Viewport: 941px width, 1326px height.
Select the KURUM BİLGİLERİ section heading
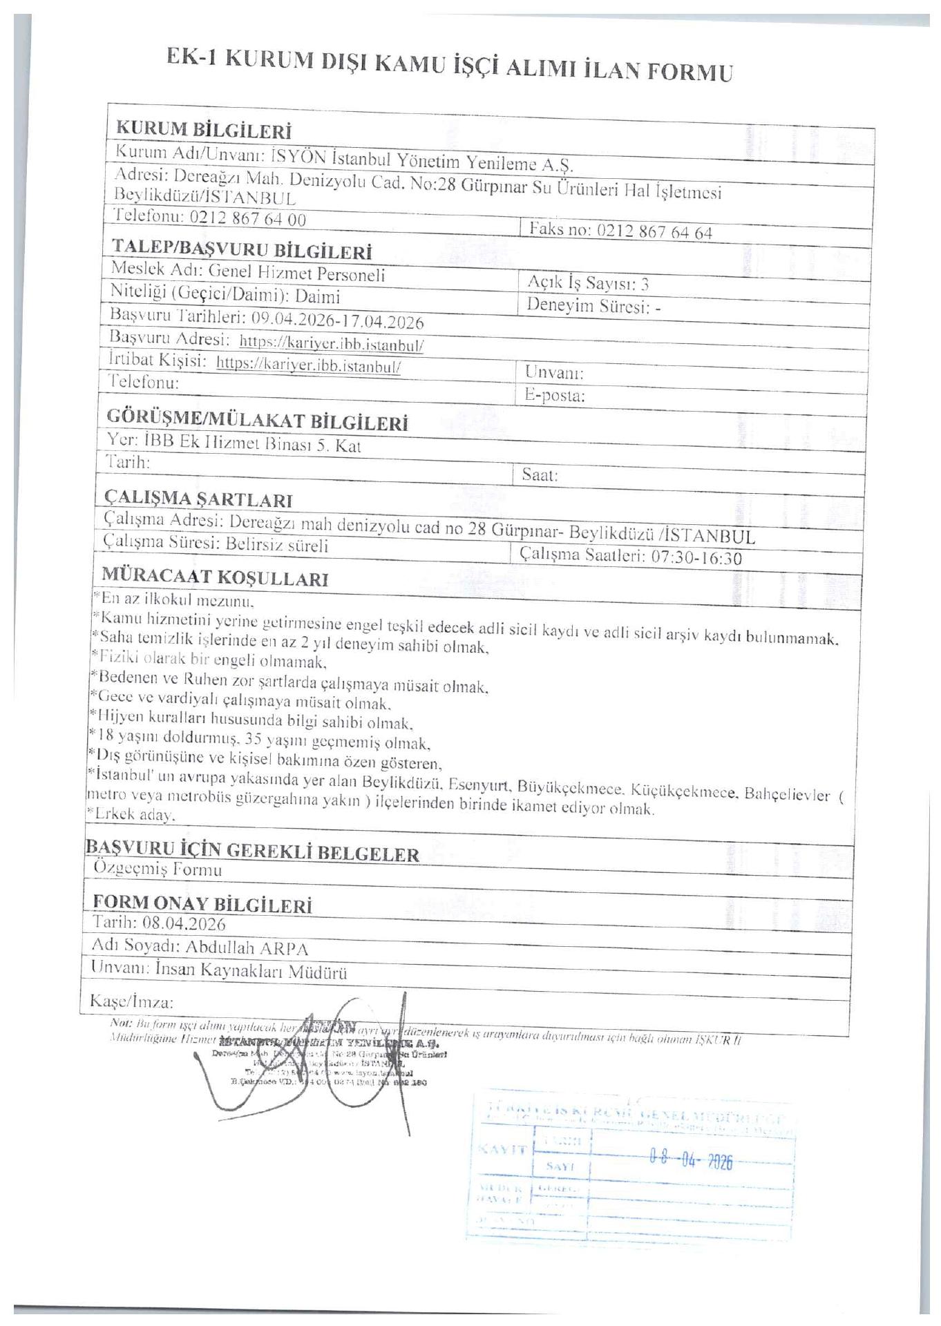pyautogui.click(x=203, y=129)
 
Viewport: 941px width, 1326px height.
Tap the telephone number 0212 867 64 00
pyautogui.click(x=247, y=219)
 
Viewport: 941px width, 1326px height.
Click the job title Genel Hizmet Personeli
pyautogui.click(x=296, y=275)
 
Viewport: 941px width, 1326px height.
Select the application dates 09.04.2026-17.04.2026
pyautogui.click(x=337, y=320)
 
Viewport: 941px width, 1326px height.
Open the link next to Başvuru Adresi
pyautogui.click(x=332, y=343)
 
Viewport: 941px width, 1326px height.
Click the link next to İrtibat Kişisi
pyautogui.click(x=309, y=365)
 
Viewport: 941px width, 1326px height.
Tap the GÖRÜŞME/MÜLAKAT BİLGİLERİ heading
pyautogui.click(x=256, y=420)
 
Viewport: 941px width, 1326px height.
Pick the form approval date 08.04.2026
pyautogui.click(x=184, y=923)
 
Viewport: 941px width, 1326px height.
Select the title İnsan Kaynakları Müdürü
pyautogui.click(x=251, y=972)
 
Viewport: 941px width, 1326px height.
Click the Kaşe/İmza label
pyautogui.click(x=132, y=1001)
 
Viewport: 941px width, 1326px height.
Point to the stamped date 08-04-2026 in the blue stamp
pyautogui.click(x=690, y=1161)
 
